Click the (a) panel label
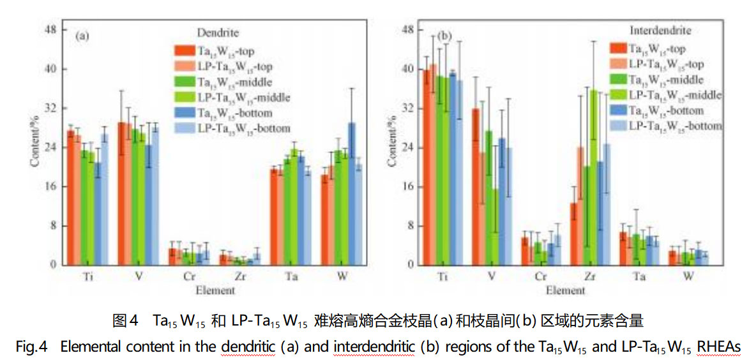point(82,36)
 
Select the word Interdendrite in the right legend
point(660,30)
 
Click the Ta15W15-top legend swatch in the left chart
point(185,50)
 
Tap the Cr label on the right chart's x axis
point(540,277)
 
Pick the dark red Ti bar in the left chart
point(71,198)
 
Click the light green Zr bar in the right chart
point(594,177)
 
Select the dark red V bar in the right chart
point(476,186)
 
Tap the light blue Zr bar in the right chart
point(607,204)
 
